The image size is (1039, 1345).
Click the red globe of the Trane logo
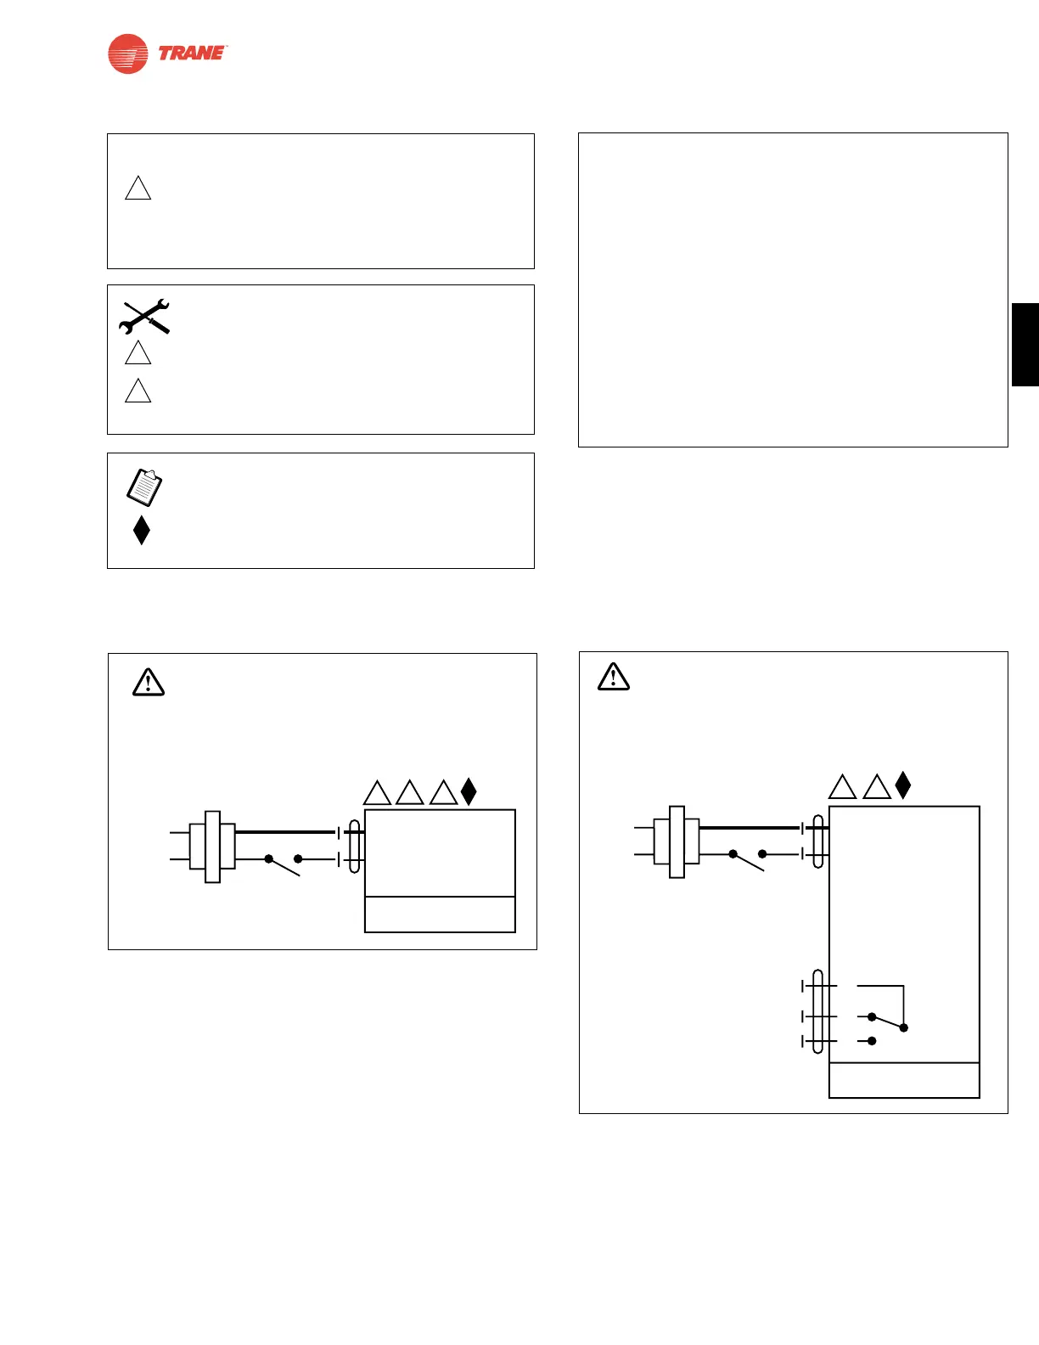pyautogui.click(x=128, y=53)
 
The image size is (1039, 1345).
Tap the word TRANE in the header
pyautogui.click(x=192, y=53)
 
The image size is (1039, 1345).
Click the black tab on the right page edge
pyautogui.click(x=1025, y=344)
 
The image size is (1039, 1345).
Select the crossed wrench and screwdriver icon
pyautogui.click(x=145, y=316)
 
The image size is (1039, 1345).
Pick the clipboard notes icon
pyautogui.click(x=144, y=487)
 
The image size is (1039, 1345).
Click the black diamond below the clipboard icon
pyautogui.click(x=142, y=530)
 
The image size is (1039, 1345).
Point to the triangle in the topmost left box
pyautogui.click(x=138, y=189)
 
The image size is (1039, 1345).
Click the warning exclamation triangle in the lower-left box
pyautogui.click(x=149, y=682)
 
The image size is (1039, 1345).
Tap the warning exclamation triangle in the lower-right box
pyautogui.click(x=614, y=676)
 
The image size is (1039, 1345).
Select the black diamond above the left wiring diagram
pyautogui.click(x=469, y=791)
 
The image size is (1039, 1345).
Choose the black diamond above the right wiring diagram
pyautogui.click(x=903, y=785)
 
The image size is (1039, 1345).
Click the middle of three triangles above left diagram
pyautogui.click(x=410, y=793)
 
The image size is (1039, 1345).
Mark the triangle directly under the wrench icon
pyautogui.click(x=138, y=353)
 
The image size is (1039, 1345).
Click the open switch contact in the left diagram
pyautogui.click(x=284, y=864)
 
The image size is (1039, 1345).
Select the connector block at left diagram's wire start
pyautogui.click(x=212, y=847)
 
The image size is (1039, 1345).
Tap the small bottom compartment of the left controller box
pyautogui.click(x=440, y=914)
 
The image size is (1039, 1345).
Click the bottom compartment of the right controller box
pyautogui.click(x=904, y=1080)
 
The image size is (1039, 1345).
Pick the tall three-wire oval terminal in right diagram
pyautogui.click(x=818, y=1011)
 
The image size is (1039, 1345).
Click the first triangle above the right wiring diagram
pyautogui.click(x=842, y=787)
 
